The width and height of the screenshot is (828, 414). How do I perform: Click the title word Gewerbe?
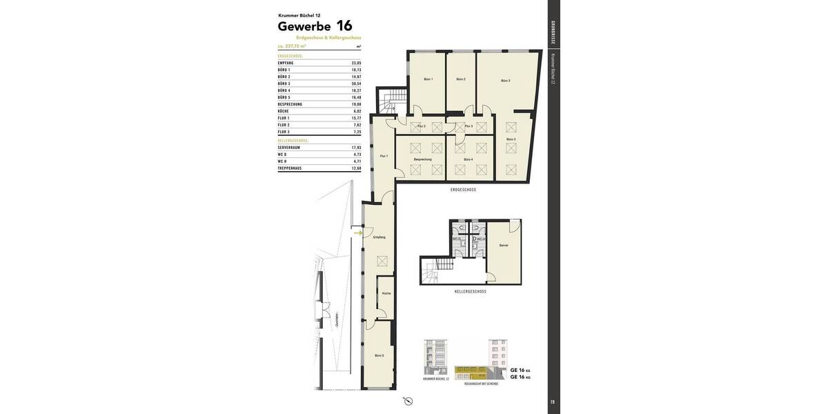pos(304,27)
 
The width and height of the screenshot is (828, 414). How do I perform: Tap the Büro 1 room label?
pos(428,79)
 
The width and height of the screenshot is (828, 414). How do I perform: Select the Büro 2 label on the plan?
pos(461,79)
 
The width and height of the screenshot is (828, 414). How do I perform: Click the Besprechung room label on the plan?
pos(422,159)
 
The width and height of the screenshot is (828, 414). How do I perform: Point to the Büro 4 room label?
pos(467,159)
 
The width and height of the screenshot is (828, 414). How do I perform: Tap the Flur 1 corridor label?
pos(384,156)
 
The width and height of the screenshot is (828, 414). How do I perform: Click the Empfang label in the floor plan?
pos(379,237)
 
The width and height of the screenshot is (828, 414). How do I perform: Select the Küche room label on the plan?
pos(386,293)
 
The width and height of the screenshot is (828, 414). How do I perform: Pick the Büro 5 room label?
pos(379,355)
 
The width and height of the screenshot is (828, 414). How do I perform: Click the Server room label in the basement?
pos(504,245)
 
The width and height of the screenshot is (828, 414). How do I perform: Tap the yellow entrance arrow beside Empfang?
pos(357,233)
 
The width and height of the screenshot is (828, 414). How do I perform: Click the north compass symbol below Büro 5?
pos(408,401)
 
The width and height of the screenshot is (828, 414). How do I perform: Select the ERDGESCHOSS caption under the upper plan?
pos(463,190)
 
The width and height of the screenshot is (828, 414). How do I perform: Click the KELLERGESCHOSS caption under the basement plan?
pos(470,292)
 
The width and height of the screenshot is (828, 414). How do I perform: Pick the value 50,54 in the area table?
pos(356,83)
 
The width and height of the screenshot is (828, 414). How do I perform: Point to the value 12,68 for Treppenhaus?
pos(356,168)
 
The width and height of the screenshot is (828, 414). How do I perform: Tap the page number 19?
pos(552,402)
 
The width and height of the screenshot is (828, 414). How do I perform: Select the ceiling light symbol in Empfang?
pos(382,261)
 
